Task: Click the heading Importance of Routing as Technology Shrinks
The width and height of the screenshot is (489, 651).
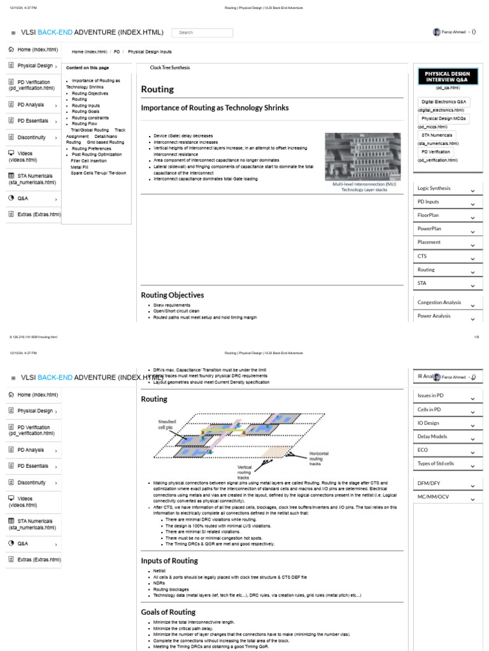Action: [215, 108]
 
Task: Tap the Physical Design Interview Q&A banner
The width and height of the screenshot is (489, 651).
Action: [448, 78]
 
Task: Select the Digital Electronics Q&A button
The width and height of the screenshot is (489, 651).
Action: [444, 102]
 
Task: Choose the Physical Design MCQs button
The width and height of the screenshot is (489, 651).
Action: [444, 118]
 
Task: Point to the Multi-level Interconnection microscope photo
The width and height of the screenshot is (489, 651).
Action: [363, 156]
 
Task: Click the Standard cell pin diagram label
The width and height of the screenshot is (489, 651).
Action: [167, 423]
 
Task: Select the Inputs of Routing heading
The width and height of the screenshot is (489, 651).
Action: [169, 561]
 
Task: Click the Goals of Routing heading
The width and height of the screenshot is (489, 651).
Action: [168, 612]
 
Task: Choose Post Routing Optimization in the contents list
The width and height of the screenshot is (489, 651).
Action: [97, 154]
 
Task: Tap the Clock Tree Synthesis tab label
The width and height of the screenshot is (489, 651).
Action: [170, 67]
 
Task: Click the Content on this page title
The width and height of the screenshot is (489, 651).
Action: [87, 68]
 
